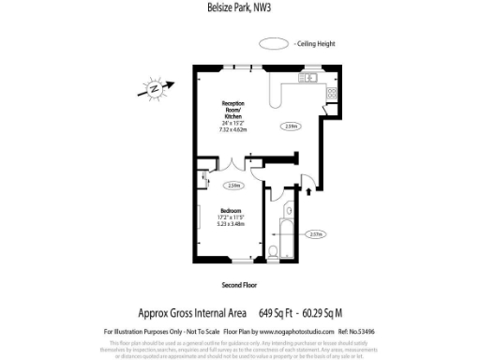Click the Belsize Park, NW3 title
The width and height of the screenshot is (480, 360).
239,10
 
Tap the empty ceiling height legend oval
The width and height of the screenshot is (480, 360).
275,43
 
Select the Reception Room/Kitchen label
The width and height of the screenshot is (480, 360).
232,106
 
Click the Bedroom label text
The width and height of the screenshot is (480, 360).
231,210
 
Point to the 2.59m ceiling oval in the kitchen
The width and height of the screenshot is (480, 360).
291,125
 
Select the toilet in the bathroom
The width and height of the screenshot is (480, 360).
270,250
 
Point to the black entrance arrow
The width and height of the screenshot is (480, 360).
309,193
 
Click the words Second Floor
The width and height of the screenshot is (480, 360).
239,283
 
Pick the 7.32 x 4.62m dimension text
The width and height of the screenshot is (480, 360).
233,127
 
